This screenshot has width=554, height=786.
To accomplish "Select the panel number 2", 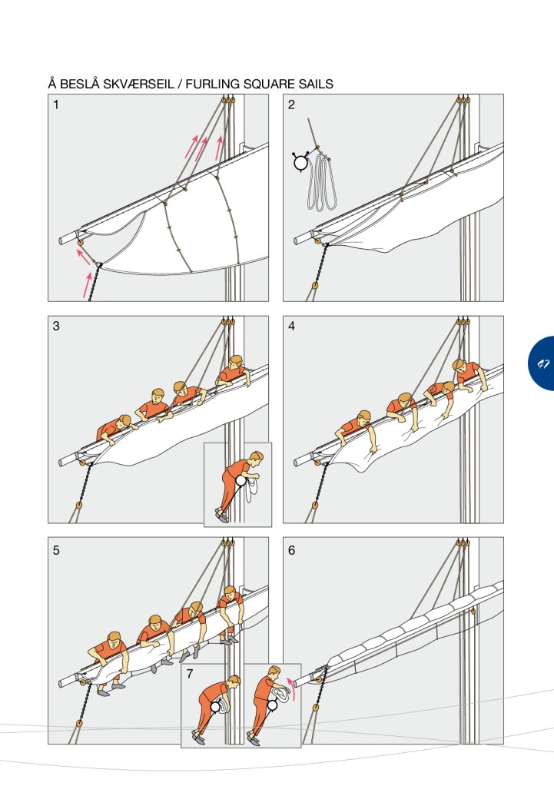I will point(291,105).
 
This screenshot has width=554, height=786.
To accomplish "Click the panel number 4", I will point(291,327).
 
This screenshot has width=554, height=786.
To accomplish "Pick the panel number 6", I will point(291,550).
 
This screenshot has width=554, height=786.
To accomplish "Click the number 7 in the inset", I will point(189,674).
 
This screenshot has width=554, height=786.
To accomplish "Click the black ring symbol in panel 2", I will point(301,163).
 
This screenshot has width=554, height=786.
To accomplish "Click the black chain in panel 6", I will point(318,691).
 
